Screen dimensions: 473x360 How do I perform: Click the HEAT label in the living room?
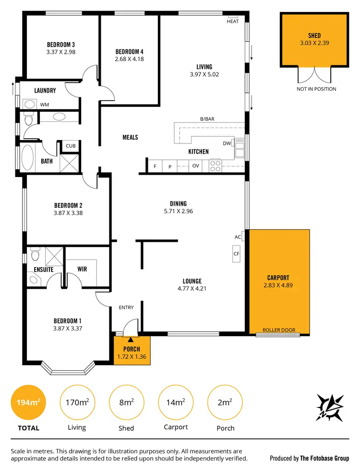coord(233,22)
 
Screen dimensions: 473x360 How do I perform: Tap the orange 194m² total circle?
coord(28,402)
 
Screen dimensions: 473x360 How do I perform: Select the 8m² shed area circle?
coord(126,402)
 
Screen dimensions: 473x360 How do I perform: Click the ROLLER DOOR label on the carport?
coord(278,330)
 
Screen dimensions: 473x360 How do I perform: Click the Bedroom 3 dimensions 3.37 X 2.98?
coord(61,52)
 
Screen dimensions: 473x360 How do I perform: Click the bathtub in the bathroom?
coord(28,159)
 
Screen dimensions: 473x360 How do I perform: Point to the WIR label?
coord(82,269)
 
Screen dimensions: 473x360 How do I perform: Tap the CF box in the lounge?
coord(236,254)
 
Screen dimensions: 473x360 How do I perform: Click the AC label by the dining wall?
coord(238,237)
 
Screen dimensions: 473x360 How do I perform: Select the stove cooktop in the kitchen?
coord(215,166)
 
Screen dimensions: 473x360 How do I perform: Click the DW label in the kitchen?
coord(227,143)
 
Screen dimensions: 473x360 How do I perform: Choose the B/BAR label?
coord(207,119)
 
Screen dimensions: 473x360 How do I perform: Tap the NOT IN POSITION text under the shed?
coord(316,89)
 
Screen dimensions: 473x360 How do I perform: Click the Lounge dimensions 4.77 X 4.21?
coord(192,289)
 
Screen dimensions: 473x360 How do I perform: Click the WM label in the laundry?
coord(44,104)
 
